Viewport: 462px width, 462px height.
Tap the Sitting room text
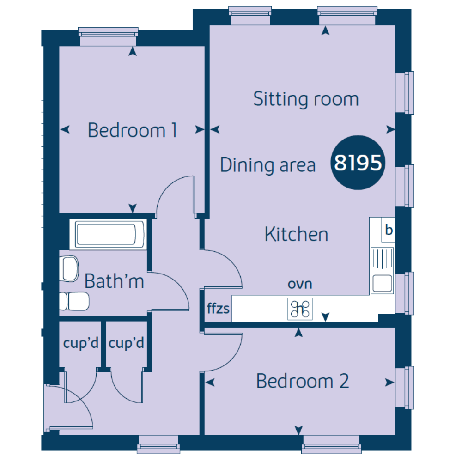pyautogui.click(x=306, y=99)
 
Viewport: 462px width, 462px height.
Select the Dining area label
pyautogui.click(x=267, y=165)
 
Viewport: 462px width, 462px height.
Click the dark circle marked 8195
pyautogui.click(x=358, y=163)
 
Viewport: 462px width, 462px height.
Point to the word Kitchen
pyautogui.click(x=296, y=234)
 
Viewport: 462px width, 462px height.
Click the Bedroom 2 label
pyautogui.click(x=302, y=381)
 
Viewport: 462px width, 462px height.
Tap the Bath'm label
pyautogui.click(x=114, y=281)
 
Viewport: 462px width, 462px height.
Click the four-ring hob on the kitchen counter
pyautogui.click(x=300, y=309)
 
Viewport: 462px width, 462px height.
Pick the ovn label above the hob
pyautogui.click(x=300, y=284)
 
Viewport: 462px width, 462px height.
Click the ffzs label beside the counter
pyautogui.click(x=218, y=308)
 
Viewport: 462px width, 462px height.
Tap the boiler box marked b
pyautogui.click(x=389, y=230)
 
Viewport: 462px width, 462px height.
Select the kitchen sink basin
pyautogui.click(x=382, y=283)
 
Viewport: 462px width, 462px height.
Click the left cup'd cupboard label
pyautogui.click(x=81, y=343)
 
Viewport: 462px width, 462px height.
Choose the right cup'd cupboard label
pyautogui.click(x=126, y=343)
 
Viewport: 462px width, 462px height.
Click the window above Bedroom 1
pyautogui.click(x=108, y=36)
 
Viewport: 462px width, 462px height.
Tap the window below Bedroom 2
pyautogui.click(x=331, y=444)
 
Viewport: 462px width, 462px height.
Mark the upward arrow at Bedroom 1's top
pyautogui.click(x=133, y=52)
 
